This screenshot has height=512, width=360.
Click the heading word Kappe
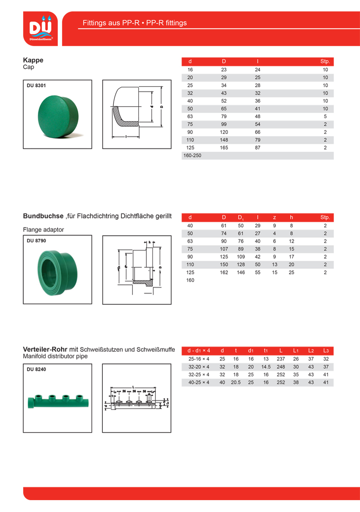(33, 60)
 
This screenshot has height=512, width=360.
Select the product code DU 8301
(36, 86)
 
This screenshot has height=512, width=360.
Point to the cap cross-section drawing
(136, 114)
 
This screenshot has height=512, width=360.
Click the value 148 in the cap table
(224, 140)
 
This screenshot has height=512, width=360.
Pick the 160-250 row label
(192, 155)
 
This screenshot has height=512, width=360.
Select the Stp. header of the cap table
(325, 62)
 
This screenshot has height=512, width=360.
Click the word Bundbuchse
(43, 216)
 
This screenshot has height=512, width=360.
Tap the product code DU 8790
(36, 241)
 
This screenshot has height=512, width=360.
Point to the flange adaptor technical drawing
(136, 269)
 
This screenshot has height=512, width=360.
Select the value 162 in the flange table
(224, 273)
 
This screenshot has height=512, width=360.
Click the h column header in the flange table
(291, 218)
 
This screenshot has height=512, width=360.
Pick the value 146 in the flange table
(241, 273)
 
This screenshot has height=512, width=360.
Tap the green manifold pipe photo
(57, 399)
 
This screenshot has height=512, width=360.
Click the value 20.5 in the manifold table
(236, 383)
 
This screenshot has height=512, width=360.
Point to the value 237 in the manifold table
(281, 359)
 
